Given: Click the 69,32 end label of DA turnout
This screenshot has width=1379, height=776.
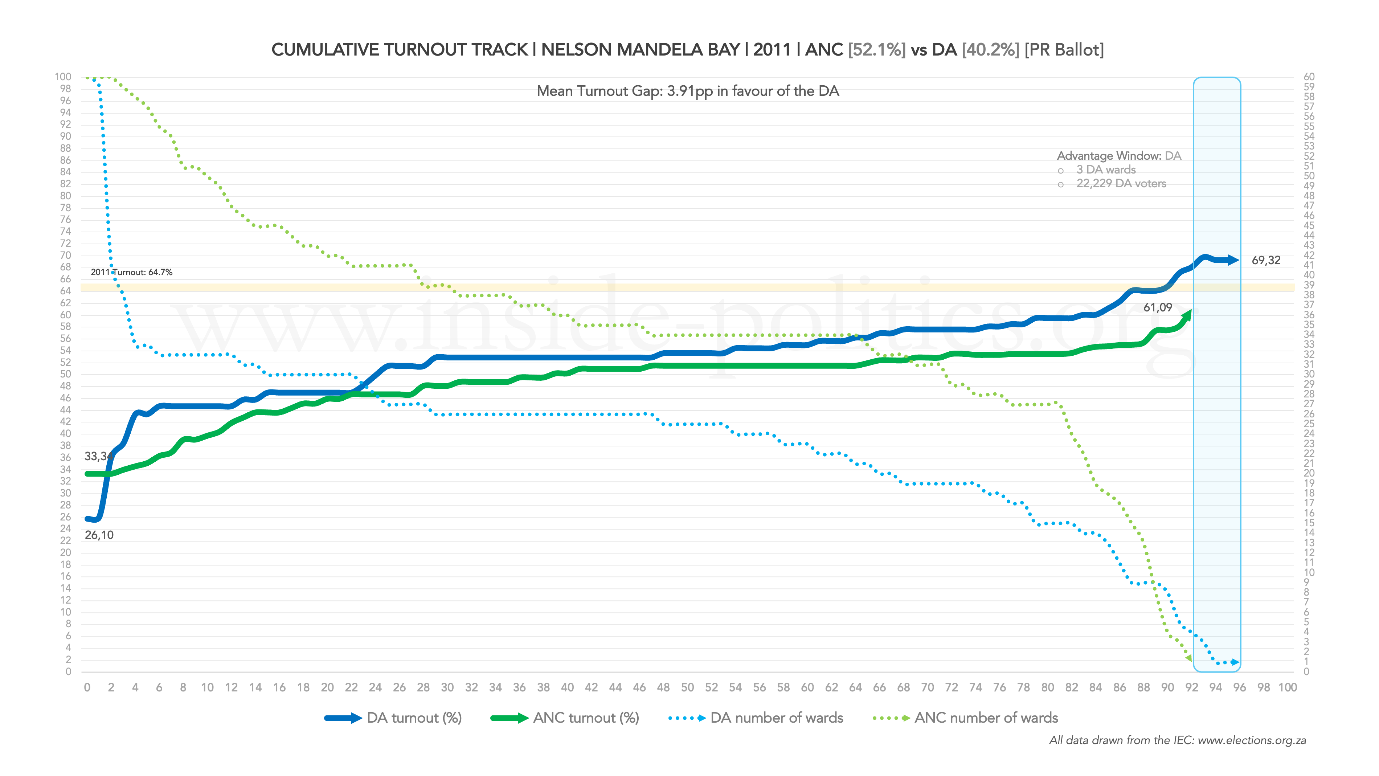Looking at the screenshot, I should [x=1265, y=261].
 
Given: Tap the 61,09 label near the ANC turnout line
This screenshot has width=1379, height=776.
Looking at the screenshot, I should [x=1157, y=307].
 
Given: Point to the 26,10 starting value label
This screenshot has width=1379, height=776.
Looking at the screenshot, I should [x=99, y=535].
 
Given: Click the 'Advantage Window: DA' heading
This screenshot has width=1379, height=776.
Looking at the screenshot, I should [x=1118, y=156].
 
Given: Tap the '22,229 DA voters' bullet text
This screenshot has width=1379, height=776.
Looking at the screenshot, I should [x=1121, y=184].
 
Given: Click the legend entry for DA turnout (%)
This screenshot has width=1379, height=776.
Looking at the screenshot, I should [x=393, y=718].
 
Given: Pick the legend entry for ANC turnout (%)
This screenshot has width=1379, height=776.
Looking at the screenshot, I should [x=565, y=718].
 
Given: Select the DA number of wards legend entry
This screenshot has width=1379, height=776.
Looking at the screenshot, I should [x=756, y=718].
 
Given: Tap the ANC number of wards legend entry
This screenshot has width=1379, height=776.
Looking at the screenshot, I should [x=965, y=718].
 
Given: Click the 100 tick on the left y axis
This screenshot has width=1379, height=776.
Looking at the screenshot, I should [x=63, y=77].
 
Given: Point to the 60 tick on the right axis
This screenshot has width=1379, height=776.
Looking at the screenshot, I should [x=1309, y=77].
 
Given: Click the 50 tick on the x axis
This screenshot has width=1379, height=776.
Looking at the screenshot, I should [x=687, y=688].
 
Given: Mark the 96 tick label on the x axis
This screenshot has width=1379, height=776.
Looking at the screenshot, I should [x=1239, y=688].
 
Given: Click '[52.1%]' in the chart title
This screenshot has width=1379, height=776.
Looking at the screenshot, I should [x=877, y=50].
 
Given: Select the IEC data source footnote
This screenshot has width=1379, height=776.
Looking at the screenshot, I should [x=1177, y=741].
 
